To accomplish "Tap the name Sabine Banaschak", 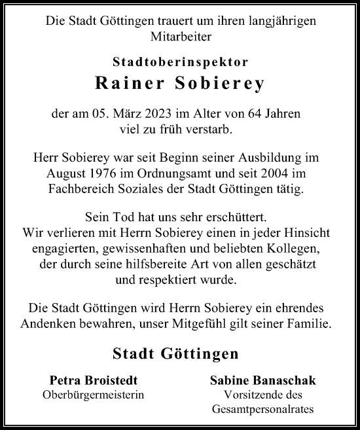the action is [262, 381].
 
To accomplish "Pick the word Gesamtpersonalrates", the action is [262, 410].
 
